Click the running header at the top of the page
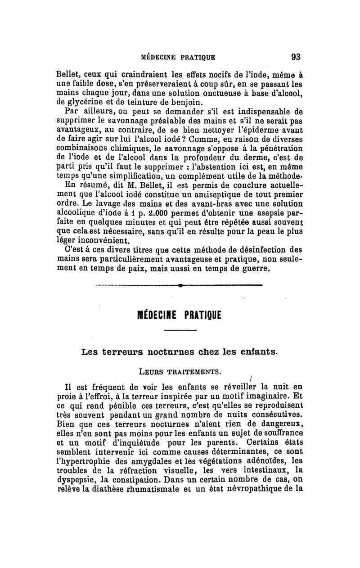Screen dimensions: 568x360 178,57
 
